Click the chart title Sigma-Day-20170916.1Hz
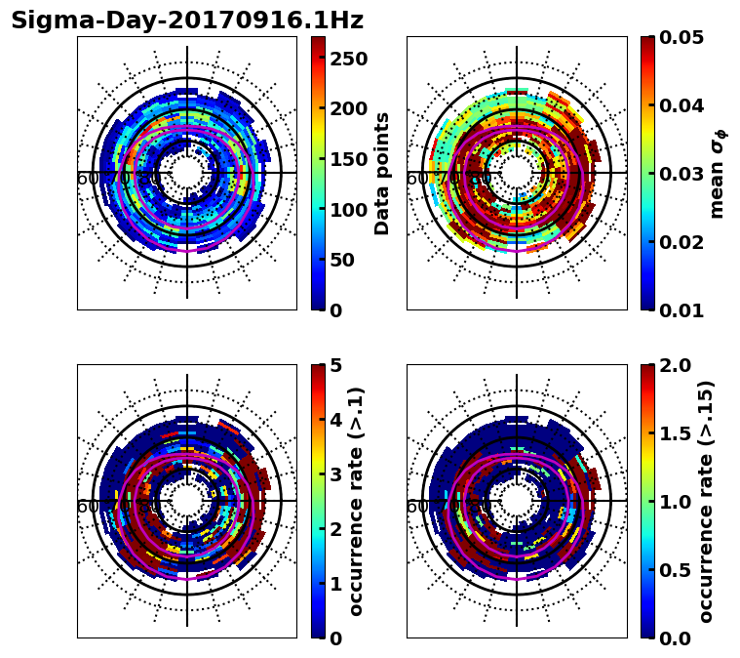186,21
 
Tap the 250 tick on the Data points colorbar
348,59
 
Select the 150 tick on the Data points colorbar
348,159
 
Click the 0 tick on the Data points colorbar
335,310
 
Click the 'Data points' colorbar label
382,173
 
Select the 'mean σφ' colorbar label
717,173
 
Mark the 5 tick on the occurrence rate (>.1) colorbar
335,365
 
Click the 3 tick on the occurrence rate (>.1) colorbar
335,474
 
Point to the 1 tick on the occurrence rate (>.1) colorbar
335,584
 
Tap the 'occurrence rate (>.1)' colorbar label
357,501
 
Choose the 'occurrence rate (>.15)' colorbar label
706,501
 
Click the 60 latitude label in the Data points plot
87,179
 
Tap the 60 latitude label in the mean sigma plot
416,179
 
